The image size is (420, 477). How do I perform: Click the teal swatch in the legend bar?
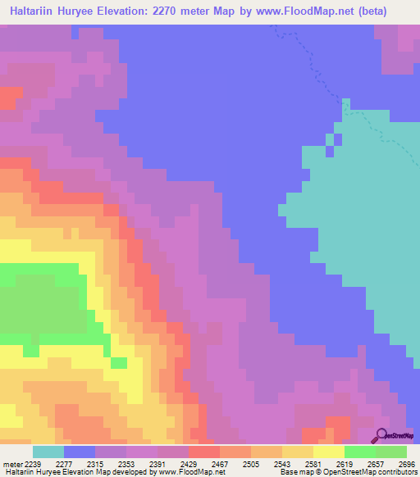tap(48, 451)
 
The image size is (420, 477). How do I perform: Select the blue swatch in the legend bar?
tap(80, 451)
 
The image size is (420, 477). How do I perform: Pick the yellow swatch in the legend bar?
tap(329, 451)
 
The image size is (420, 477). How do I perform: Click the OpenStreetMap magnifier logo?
tap(381, 435)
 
